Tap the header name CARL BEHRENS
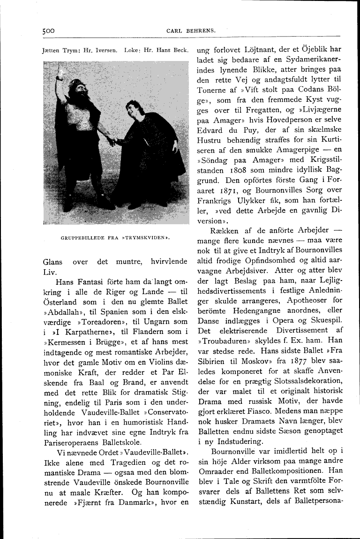pyautogui.click(x=191, y=30)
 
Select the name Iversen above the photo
pyautogui.click(x=105, y=50)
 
